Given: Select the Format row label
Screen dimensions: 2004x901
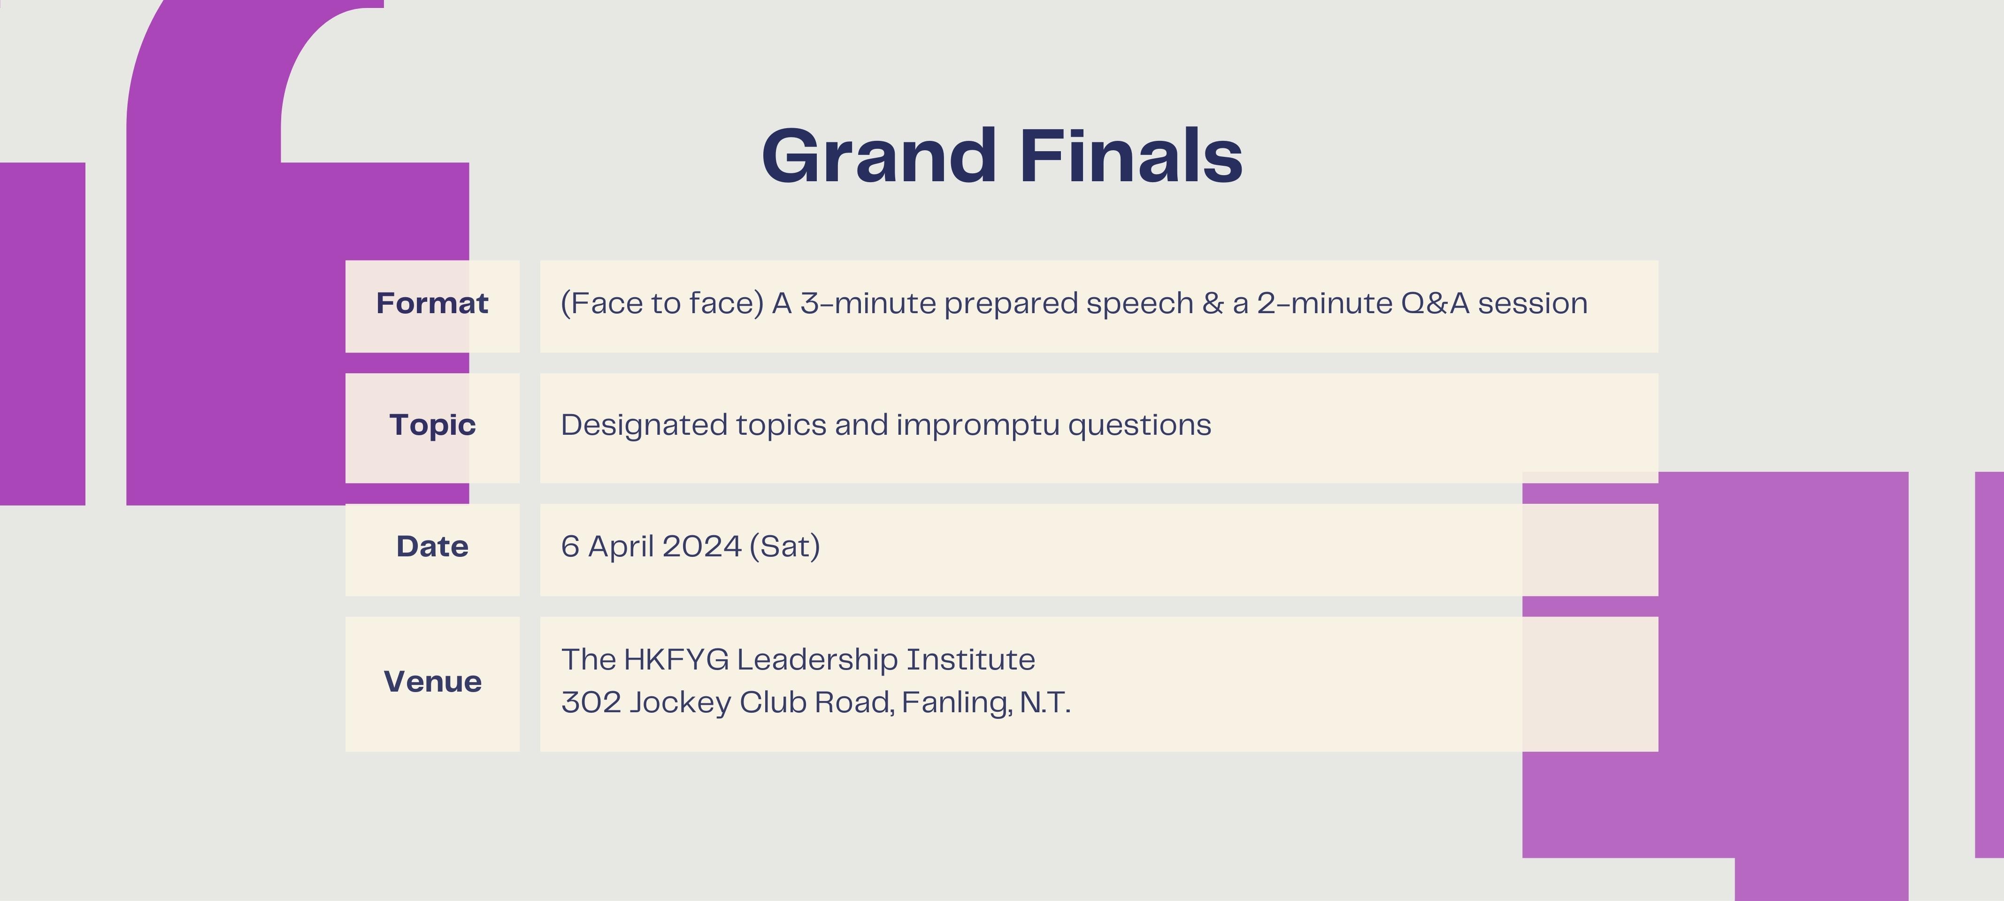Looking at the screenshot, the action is click(x=432, y=303).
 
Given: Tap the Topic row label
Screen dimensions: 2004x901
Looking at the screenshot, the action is click(x=432, y=425).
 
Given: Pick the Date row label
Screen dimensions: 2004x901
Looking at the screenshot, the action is click(x=432, y=546).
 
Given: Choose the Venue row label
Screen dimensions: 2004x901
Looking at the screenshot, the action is click(x=432, y=682).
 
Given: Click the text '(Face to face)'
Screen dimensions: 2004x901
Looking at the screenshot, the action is click(x=662, y=303).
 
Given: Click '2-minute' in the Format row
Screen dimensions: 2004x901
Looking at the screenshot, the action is click(x=1325, y=303).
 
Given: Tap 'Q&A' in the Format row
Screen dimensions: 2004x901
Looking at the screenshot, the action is click(x=1436, y=303).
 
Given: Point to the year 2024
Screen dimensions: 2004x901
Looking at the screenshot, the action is click(x=702, y=546).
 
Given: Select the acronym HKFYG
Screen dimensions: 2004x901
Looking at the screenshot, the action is click(x=676, y=659).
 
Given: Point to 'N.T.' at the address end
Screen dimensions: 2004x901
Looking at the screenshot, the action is click(x=1045, y=702).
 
